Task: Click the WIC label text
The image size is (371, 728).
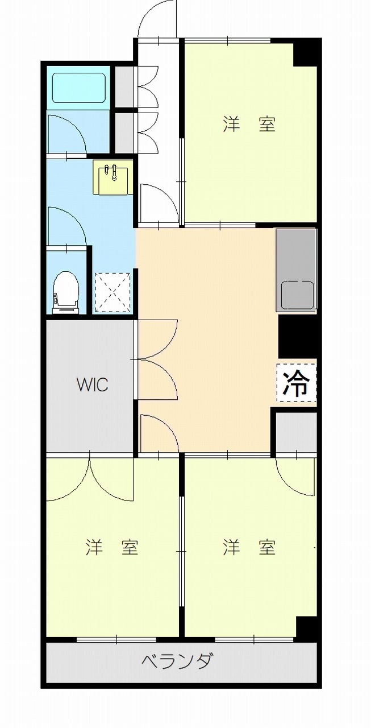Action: (93, 385)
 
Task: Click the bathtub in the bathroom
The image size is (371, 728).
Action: (79, 86)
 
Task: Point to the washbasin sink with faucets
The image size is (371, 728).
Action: (113, 177)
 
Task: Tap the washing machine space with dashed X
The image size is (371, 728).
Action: (113, 292)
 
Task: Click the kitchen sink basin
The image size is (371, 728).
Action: (297, 295)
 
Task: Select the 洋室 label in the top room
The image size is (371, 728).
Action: (249, 124)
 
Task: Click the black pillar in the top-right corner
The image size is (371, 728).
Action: (307, 52)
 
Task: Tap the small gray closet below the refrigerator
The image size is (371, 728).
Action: (296, 433)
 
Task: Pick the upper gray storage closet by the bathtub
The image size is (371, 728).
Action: (124, 86)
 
